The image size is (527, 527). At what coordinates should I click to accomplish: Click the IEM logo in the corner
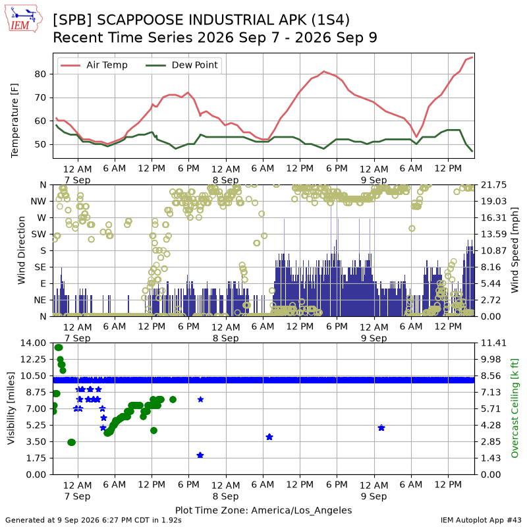click(23, 19)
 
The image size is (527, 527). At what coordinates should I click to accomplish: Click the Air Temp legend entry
click(93, 65)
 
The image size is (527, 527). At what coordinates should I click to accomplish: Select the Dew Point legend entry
click(182, 65)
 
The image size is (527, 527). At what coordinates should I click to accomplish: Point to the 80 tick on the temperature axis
click(40, 74)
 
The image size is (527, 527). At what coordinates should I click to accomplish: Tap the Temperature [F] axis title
click(14, 121)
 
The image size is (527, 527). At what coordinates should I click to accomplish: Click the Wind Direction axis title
click(21, 250)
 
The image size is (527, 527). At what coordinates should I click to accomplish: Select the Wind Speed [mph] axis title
click(514, 250)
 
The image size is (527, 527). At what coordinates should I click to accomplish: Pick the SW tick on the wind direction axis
click(39, 235)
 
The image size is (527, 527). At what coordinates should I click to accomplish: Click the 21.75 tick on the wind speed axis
click(493, 185)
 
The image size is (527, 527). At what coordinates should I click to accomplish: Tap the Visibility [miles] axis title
click(11, 408)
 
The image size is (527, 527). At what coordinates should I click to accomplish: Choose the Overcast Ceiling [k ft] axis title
click(514, 408)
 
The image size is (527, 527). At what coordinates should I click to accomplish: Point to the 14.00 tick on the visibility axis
click(33, 343)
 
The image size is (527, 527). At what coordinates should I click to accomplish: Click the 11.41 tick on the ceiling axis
click(493, 343)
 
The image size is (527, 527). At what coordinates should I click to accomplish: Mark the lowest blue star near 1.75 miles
click(200, 455)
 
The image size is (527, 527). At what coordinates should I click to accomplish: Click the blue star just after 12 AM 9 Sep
click(381, 428)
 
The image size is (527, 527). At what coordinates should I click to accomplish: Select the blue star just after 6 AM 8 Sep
click(269, 437)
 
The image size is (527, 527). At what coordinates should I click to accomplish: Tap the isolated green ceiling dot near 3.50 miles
click(71, 442)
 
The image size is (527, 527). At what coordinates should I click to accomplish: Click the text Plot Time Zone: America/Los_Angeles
click(263, 510)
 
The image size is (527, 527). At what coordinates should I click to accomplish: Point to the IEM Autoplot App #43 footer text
click(481, 520)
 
